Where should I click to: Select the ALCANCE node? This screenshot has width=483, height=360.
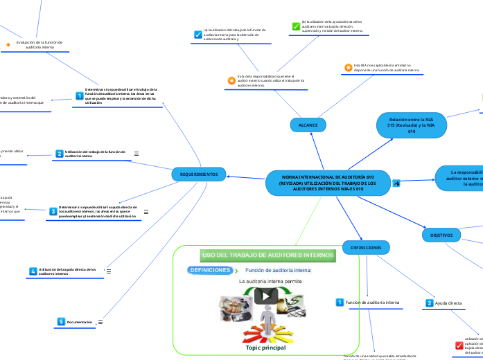308,125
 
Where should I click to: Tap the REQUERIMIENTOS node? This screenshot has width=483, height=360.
198,175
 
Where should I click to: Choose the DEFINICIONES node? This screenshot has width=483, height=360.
366,247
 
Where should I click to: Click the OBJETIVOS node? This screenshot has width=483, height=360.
441,235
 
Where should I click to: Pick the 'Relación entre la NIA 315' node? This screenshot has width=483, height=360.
411,125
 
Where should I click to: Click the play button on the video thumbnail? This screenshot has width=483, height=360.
265,296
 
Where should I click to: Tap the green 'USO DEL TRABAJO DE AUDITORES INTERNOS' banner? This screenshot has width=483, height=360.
267,255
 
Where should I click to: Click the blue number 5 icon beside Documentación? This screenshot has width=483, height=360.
61,322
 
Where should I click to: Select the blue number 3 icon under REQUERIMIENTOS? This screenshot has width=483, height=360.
53,210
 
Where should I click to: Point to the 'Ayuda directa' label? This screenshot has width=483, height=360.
448,303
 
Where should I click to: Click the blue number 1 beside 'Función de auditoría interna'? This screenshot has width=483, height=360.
339,303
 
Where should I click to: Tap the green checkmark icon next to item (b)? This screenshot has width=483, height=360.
295,26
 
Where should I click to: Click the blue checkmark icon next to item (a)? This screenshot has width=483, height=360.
197,35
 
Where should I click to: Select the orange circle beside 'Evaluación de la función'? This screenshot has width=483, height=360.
8,44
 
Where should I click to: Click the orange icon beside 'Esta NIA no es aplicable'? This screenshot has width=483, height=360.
349,67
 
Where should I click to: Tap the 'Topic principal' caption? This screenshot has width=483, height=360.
265,348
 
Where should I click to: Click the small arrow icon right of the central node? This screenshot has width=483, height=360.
396,183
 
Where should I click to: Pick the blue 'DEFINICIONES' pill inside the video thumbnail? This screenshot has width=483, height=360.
210,269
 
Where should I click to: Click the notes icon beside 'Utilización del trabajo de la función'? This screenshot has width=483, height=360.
136,154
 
